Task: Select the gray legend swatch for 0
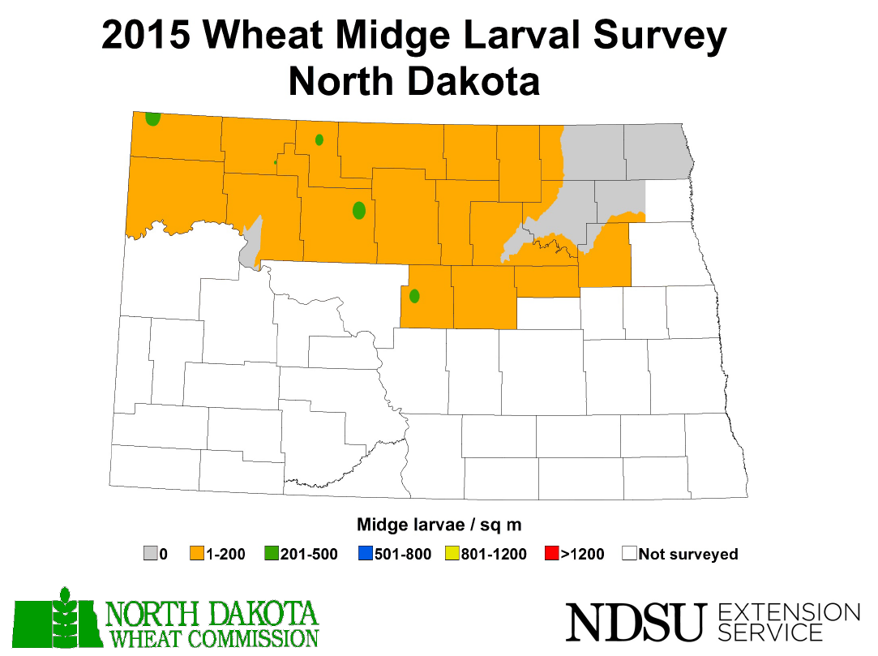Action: coord(150,555)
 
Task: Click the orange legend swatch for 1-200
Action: coord(197,555)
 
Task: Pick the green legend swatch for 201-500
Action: coord(272,555)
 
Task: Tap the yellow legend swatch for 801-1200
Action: coord(452,555)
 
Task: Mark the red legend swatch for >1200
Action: coord(552,555)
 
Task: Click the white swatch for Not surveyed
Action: coord(629,555)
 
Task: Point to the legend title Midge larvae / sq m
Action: coord(439,525)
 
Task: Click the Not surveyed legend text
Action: coord(688,555)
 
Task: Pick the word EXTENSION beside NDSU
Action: coord(789,612)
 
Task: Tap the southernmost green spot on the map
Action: coord(414,296)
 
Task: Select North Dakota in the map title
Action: coord(413,81)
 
